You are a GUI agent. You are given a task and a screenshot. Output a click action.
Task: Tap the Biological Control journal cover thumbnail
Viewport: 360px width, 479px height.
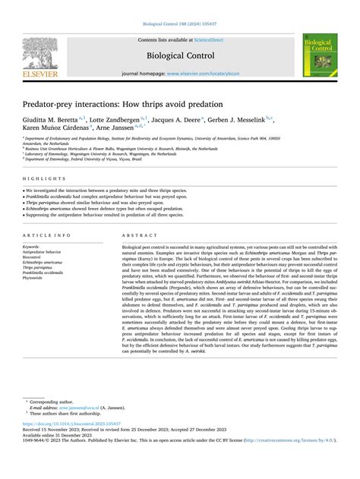pyautogui.click(x=320, y=54)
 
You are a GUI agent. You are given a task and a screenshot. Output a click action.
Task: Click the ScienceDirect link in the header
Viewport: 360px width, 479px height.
pyautogui.click(x=213, y=40)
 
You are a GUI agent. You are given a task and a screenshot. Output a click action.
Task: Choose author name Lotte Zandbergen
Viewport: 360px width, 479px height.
pyautogui.click(x=118, y=120)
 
